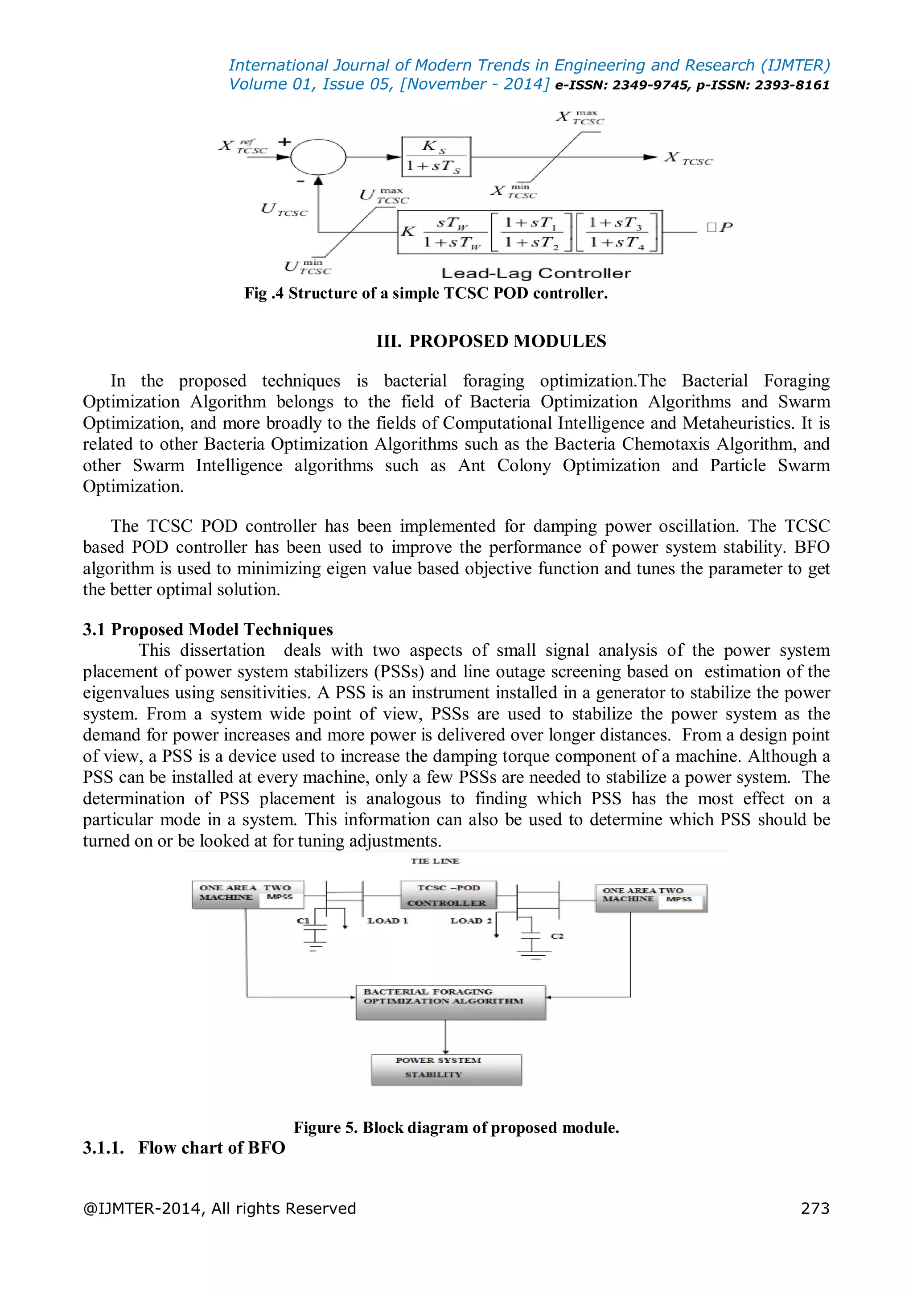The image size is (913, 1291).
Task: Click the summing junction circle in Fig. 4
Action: point(318,157)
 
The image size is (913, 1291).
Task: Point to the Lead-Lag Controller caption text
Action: point(536,273)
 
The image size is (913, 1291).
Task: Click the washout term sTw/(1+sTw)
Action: point(452,232)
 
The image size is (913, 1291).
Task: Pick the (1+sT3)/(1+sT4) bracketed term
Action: point(617,232)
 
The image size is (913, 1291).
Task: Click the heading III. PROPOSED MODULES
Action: point(491,341)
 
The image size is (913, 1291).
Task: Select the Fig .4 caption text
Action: point(426,293)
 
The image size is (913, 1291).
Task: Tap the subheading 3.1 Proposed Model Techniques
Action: point(207,629)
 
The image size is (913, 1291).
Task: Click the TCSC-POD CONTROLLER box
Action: point(448,895)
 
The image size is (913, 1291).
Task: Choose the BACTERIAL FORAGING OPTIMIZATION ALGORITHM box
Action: point(450,1002)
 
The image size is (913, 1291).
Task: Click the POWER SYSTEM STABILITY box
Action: point(446,1069)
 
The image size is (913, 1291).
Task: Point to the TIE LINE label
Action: point(435,861)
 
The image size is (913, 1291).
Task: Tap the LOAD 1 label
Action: point(387,921)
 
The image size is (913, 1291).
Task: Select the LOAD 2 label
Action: point(471,921)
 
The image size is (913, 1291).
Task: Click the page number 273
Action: point(814,1209)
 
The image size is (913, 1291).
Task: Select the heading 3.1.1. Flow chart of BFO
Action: point(184,1147)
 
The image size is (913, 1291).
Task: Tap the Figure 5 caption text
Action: point(456,1127)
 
